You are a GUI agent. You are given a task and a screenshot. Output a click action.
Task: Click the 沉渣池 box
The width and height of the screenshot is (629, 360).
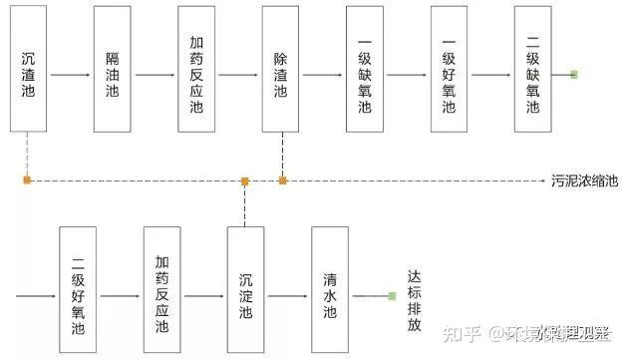click(29, 68)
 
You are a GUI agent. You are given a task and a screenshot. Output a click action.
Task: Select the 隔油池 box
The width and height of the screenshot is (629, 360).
click(113, 68)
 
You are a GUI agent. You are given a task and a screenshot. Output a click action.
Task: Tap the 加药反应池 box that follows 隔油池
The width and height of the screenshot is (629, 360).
click(196, 68)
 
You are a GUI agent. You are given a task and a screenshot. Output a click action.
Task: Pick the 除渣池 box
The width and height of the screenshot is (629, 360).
click(280, 68)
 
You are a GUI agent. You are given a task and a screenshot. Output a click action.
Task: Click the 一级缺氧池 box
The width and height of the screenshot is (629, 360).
click(364, 68)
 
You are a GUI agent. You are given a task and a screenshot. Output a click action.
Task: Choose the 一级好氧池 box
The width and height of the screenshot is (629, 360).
click(448, 68)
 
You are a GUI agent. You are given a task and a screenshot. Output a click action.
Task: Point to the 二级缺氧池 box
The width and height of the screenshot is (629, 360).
click(532, 68)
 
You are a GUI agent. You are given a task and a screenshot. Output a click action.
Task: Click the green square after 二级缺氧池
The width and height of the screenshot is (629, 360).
click(573, 74)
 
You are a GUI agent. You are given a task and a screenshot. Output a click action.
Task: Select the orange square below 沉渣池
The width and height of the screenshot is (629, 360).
click(28, 180)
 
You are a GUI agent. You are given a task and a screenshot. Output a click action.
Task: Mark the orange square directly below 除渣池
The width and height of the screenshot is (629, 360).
click(282, 180)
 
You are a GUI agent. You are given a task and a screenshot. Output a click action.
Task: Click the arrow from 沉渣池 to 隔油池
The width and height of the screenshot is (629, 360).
click(71, 75)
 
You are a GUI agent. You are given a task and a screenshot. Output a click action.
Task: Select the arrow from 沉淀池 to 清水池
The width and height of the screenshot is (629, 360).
click(287, 295)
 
